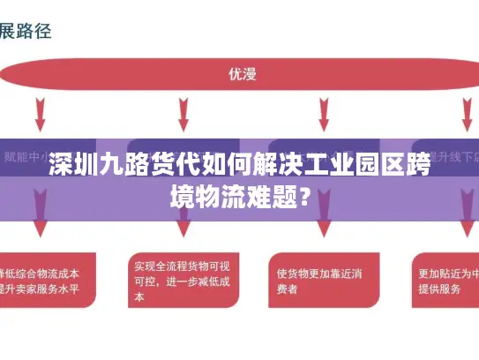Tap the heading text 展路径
pos(26,32)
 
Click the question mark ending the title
pos(304,193)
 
